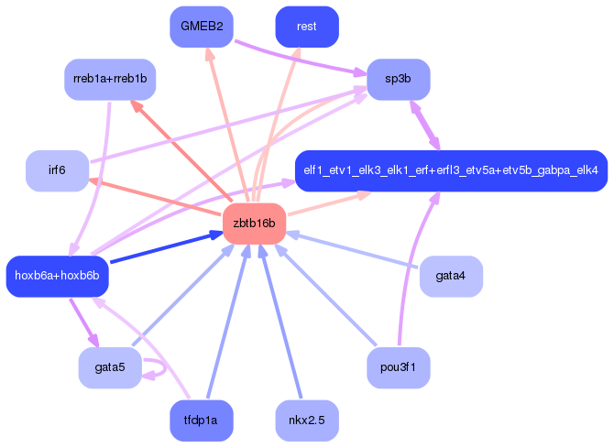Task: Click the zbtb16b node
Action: (255, 224)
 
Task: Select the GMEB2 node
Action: (202, 27)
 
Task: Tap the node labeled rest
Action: (307, 27)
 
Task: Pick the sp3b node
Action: (399, 80)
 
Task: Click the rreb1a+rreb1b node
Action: (110, 80)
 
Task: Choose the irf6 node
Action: (58, 170)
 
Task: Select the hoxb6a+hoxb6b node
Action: (57, 276)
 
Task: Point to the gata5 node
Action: (110, 368)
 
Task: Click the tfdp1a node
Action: (202, 421)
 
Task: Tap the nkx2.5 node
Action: (307, 421)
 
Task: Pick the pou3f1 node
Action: (399, 368)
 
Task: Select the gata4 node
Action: (451, 276)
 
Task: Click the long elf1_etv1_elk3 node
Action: (451, 170)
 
